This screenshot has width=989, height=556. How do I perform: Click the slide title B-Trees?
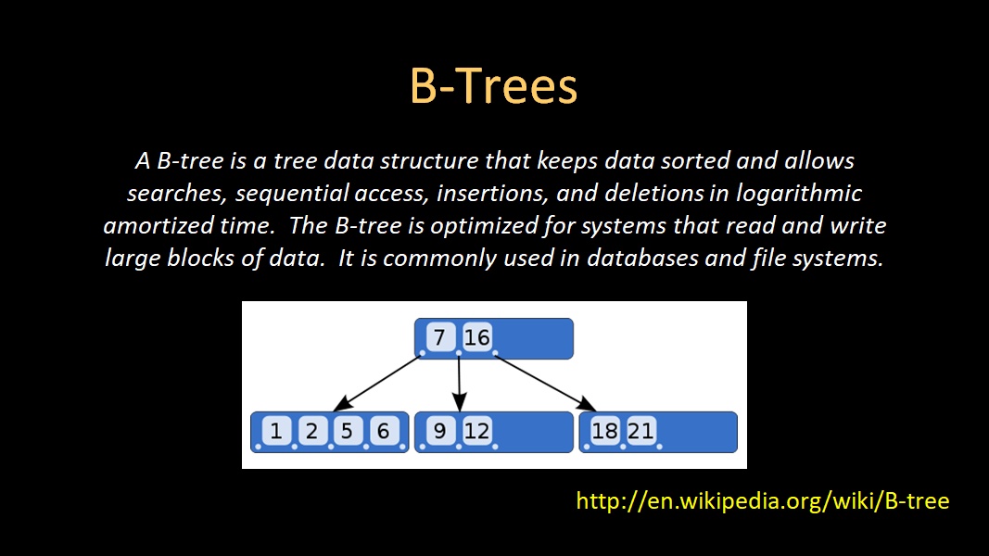(x=493, y=87)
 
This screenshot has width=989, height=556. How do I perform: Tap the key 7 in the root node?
(x=440, y=337)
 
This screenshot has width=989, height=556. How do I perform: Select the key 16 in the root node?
(x=476, y=337)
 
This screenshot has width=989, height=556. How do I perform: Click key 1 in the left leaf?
(x=276, y=430)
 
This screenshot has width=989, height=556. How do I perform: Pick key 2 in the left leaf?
(x=311, y=430)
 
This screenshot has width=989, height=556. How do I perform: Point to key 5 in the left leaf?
(x=346, y=430)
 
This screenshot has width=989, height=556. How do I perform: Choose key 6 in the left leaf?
(x=382, y=430)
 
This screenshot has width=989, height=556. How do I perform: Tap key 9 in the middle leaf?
(x=440, y=430)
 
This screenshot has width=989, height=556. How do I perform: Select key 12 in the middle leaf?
(x=476, y=430)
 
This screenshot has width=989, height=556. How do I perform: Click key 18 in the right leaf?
(x=604, y=430)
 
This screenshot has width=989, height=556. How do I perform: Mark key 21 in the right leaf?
(x=640, y=430)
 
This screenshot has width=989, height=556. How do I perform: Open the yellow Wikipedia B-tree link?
(x=762, y=501)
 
